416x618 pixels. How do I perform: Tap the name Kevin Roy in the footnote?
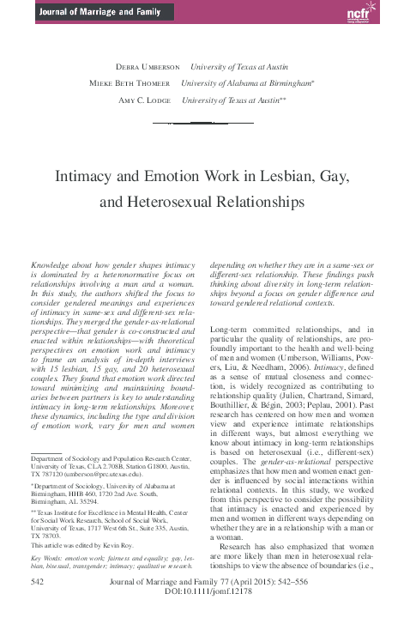click(142, 545)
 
